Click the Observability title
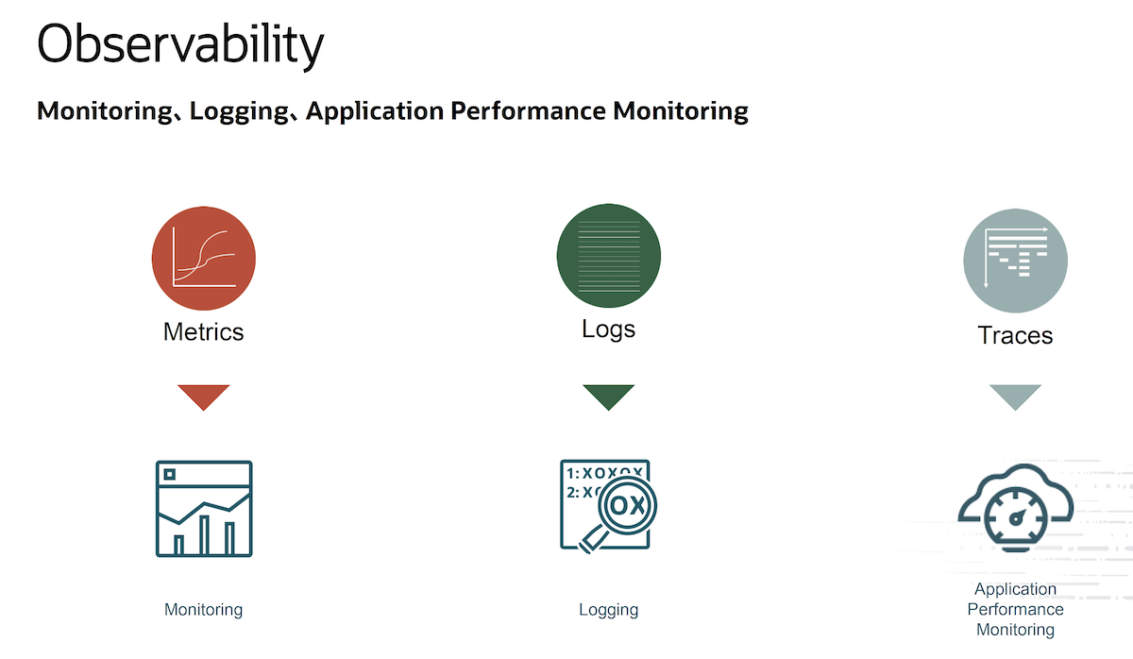pyautogui.click(x=180, y=45)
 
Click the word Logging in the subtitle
pyautogui.click(x=239, y=111)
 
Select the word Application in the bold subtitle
pyautogui.click(x=375, y=111)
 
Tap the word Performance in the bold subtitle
pyautogui.click(x=528, y=110)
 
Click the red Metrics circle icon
pyautogui.click(x=204, y=258)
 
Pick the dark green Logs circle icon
pyautogui.click(x=608, y=256)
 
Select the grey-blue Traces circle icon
pyautogui.click(x=1015, y=261)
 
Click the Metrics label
pyautogui.click(x=203, y=332)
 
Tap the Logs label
pyautogui.click(x=608, y=329)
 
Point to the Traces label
pyautogui.click(x=1015, y=335)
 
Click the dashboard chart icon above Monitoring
pyautogui.click(x=204, y=509)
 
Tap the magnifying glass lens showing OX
pyautogui.click(x=627, y=505)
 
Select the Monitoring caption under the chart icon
pyautogui.click(x=203, y=610)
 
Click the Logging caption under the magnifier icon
pyautogui.click(x=608, y=610)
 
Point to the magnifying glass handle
pyautogui.click(x=593, y=539)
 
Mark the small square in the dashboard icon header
pyautogui.click(x=169, y=474)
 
